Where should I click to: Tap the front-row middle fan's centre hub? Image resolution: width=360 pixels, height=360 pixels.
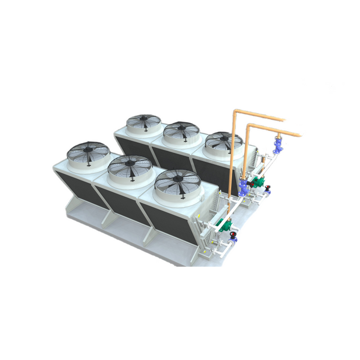coord(130,166)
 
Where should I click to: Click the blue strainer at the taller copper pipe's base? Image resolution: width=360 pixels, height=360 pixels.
coord(243,188)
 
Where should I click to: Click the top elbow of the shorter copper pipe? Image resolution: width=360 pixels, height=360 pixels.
coord(249,127)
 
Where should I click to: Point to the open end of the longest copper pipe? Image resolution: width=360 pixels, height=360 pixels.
coord(300,136)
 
